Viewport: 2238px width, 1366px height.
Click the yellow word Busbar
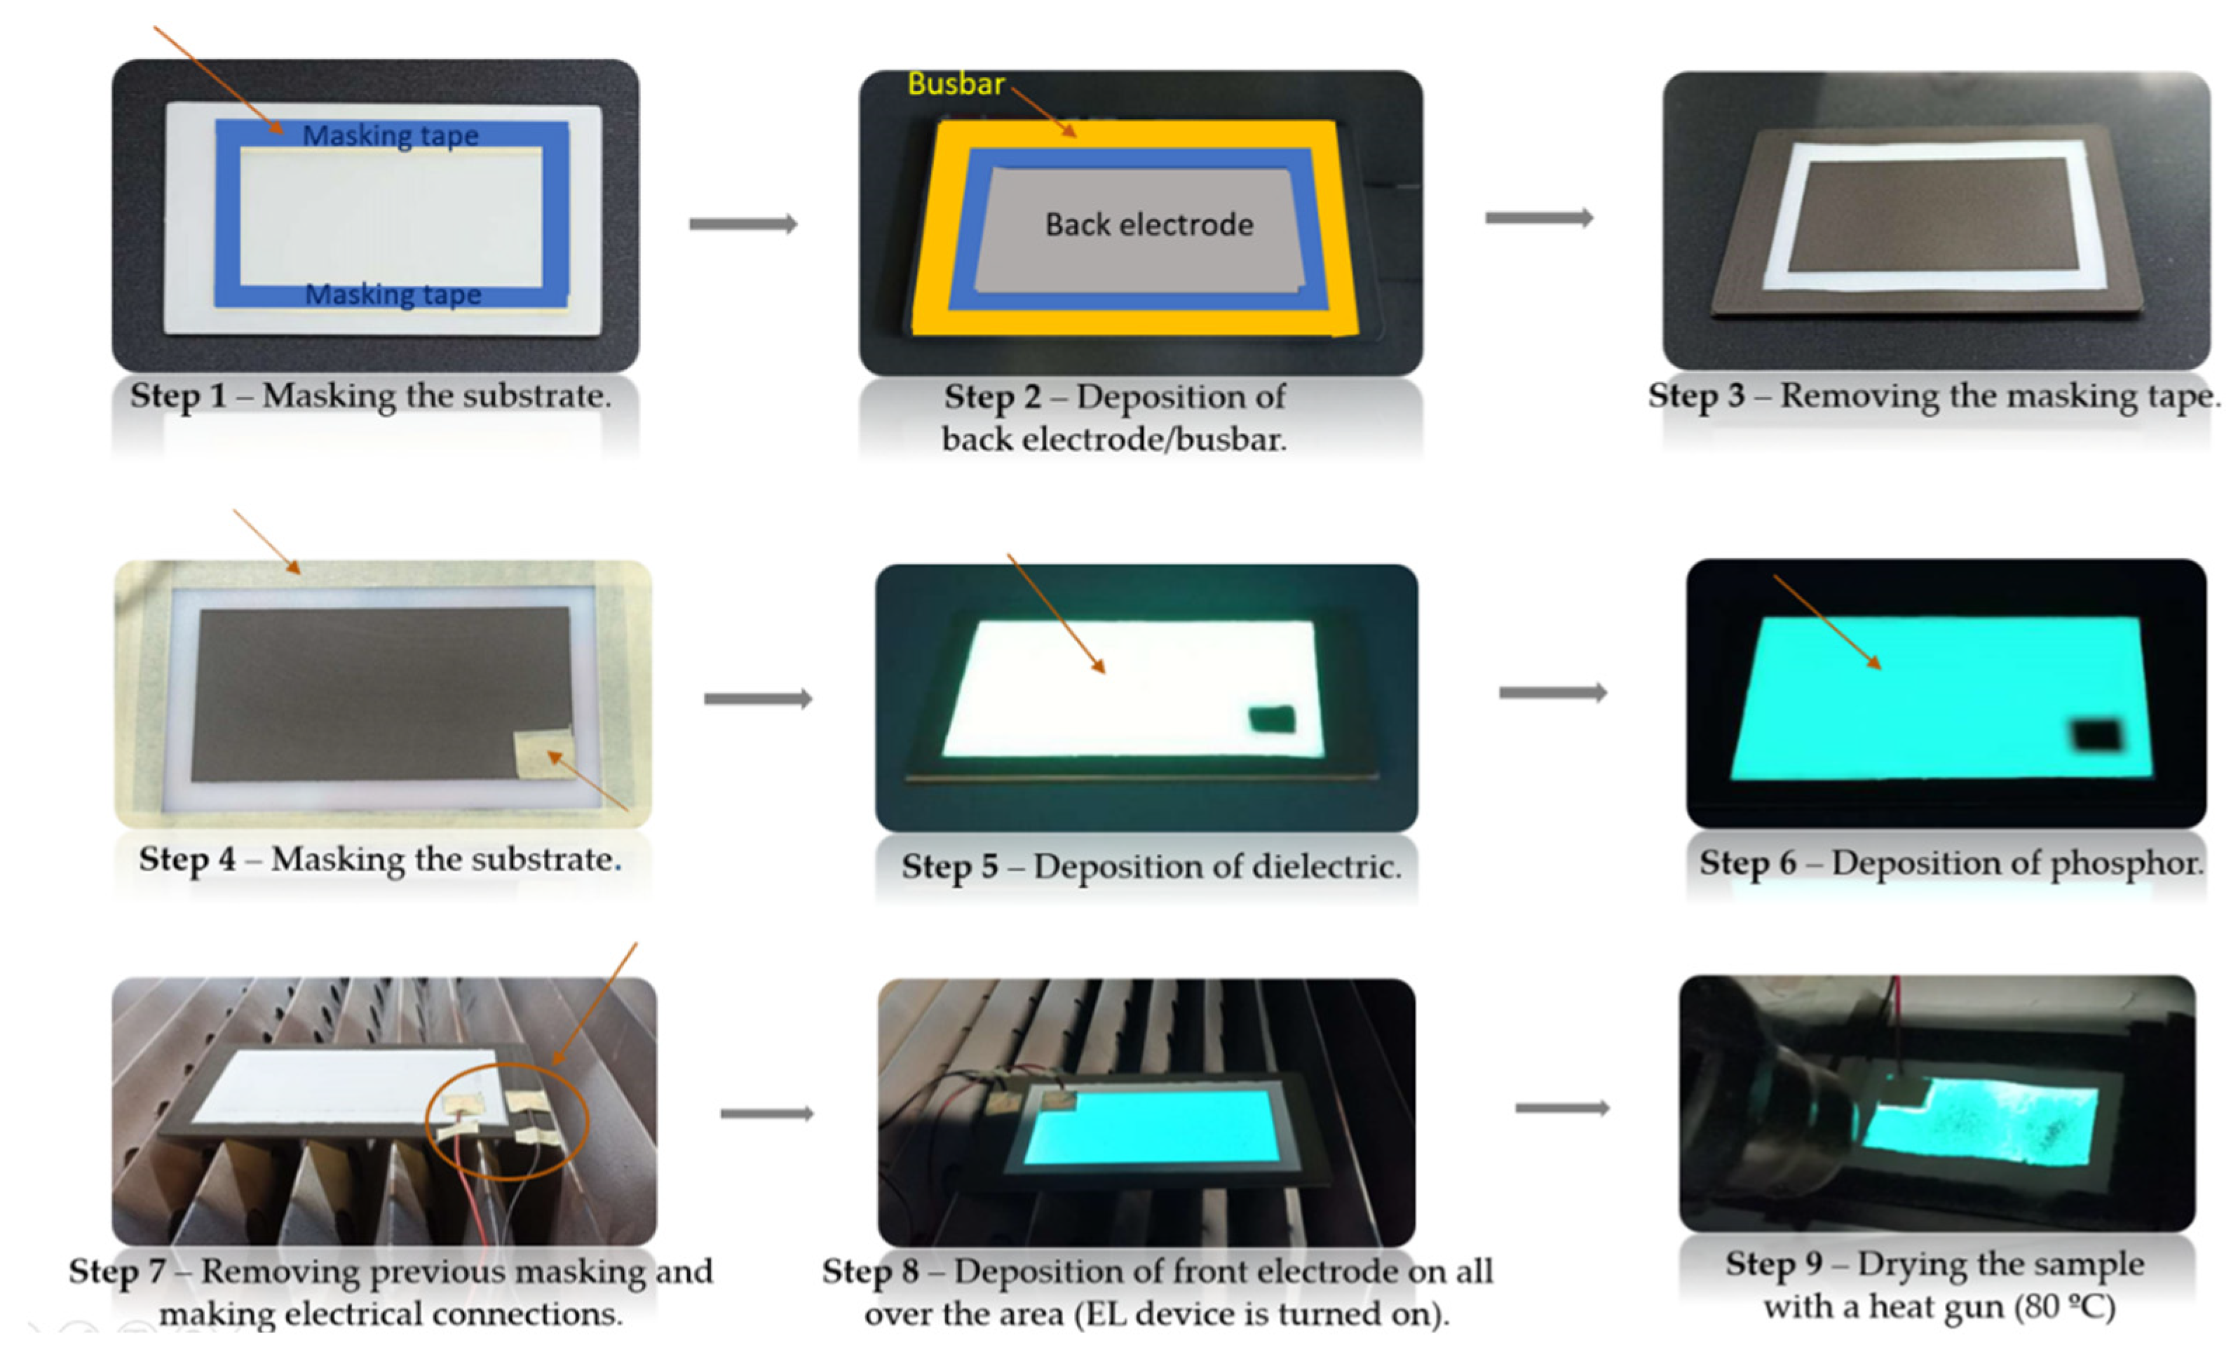tap(956, 84)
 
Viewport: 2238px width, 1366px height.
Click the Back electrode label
tap(1149, 224)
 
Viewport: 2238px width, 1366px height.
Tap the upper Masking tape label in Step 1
tap(391, 135)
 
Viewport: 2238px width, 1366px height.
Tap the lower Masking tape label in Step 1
tap(393, 295)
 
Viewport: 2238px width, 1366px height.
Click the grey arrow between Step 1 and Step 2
tap(743, 224)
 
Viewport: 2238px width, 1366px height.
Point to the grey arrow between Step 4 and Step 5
tap(757, 698)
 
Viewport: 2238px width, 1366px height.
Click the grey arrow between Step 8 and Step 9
tap(1562, 1107)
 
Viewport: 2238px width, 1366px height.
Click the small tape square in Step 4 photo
tap(544, 753)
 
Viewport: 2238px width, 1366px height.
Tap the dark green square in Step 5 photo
tap(1272, 719)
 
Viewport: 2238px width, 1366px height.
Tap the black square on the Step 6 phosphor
tap(2097, 735)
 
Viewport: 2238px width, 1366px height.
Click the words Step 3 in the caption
tap(1696, 396)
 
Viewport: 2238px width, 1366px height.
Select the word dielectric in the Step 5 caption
tap(1325, 867)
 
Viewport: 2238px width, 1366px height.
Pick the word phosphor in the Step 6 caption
tap(2140, 862)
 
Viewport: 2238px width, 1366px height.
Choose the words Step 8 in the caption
tap(870, 1271)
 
